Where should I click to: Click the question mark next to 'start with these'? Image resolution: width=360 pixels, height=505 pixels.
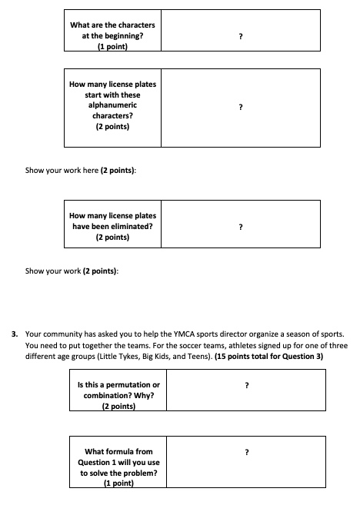click(x=241, y=107)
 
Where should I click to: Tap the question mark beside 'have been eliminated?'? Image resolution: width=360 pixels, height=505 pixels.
click(x=241, y=228)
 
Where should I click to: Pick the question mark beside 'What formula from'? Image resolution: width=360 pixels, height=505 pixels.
click(x=246, y=453)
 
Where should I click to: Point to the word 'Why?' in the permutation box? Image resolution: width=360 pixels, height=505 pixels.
click(x=143, y=395)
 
